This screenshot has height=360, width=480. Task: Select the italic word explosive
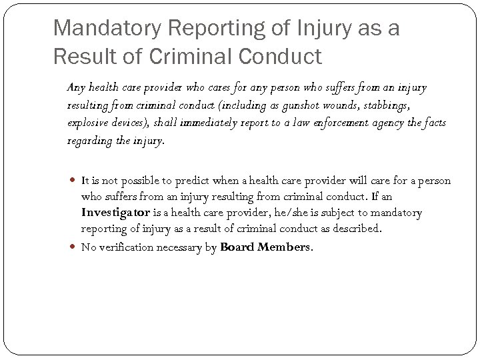[x=87, y=123]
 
